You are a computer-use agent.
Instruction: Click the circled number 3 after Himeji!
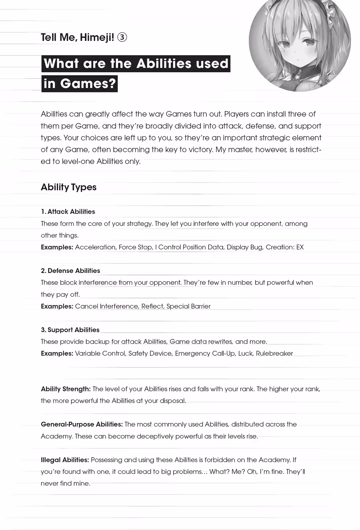(x=122, y=37)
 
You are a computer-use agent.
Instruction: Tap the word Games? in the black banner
(x=88, y=83)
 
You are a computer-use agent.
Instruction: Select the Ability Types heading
(x=69, y=187)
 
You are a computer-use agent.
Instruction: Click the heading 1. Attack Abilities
(x=68, y=212)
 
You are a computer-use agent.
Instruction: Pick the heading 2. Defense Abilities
(x=70, y=271)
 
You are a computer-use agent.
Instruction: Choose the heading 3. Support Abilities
(x=70, y=330)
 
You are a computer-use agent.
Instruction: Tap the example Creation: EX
(x=285, y=247)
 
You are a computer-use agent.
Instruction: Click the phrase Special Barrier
(x=188, y=306)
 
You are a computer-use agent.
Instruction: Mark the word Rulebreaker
(x=274, y=353)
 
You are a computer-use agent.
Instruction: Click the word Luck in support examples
(x=245, y=353)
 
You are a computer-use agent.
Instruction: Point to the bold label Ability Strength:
(x=66, y=389)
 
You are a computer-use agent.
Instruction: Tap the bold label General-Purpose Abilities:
(x=82, y=424)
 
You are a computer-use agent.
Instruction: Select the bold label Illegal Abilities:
(x=65, y=460)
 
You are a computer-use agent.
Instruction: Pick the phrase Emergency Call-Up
(x=205, y=353)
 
